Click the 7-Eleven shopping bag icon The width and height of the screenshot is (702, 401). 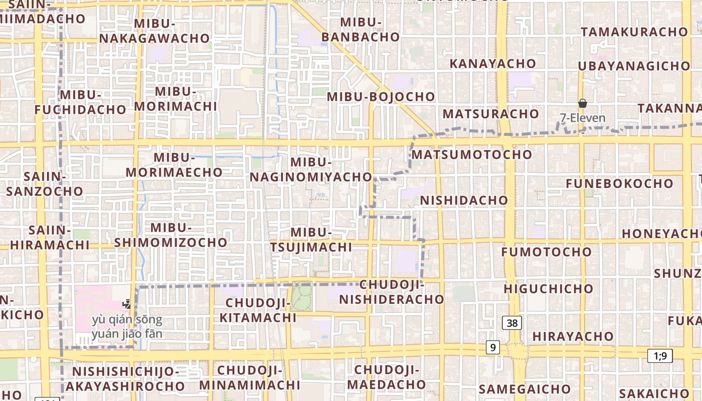[582, 104]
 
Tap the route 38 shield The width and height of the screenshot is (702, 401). [512, 323]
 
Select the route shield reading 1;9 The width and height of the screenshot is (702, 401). [660, 356]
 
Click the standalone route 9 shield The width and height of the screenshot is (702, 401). [492, 347]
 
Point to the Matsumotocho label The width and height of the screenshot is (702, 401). [471, 154]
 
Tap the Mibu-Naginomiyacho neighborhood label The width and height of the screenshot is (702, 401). [311, 169]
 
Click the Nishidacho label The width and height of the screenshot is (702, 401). [464, 200]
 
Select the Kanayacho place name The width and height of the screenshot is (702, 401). [492, 64]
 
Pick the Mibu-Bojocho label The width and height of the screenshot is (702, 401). [381, 97]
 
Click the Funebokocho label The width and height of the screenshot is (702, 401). [619, 183]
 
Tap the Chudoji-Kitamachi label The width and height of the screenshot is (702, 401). [258, 310]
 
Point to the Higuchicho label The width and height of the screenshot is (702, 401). [549, 289]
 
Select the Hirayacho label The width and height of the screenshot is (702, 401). [573, 336]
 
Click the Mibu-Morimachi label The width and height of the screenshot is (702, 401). [175, 99]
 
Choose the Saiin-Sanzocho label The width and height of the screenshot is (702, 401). [45, 184]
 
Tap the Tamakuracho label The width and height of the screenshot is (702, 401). [634, 32]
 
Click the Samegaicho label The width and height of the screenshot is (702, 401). [524, 389]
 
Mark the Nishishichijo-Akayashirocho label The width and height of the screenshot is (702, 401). [125, 379]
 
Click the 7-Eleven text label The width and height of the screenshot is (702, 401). [583, 118]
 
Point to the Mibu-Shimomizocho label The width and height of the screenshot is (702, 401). [170, 235]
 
